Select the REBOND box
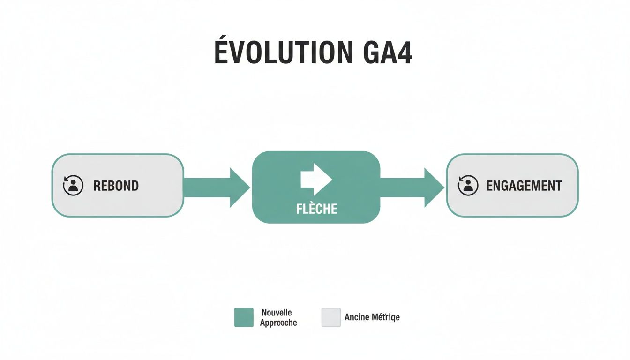(117, 185)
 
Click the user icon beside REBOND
(73, 185)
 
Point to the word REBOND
(116, 186)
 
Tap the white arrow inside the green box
(316, 179)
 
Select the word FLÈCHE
(316, 209)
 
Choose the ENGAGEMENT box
(512, 185)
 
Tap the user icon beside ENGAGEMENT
(468, 185)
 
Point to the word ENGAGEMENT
(524, 186)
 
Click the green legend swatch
(244, 317)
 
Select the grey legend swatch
(331, 317)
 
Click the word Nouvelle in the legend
(277, 313)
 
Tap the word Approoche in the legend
(278, 322)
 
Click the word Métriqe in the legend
(386, 317)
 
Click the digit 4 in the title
(403, 52)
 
